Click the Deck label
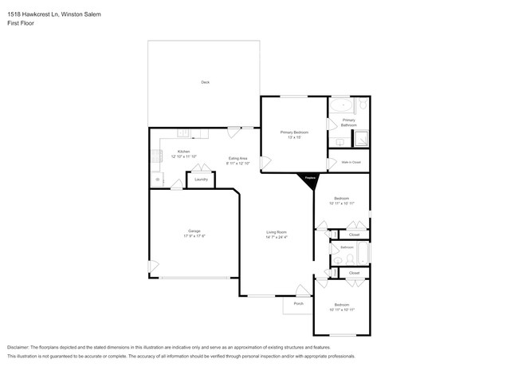coord(205,82)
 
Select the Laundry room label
coord(201,180)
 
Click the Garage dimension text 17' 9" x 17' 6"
coord(194,236)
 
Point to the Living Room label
coord(277,231)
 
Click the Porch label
coord(299,304)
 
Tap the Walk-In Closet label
coord(351,162)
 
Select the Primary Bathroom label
coord(349,122)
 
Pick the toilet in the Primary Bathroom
coord(363,105)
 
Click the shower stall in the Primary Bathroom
coord(361,139)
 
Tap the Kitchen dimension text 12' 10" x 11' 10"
coord(184,156)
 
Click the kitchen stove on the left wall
coord(154,156)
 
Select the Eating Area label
coord(237,158)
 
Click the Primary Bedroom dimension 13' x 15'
coord(293,136)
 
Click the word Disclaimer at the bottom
coord(21,348)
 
